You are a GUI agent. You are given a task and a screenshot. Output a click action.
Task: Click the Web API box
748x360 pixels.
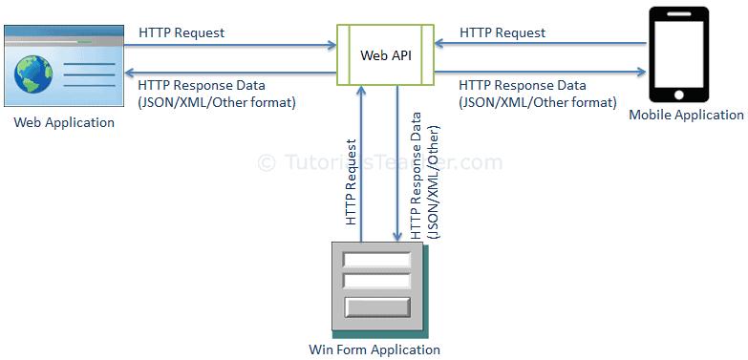tap(385, 54)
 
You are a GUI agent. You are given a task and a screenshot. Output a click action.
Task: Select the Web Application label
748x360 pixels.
tap(64, 122)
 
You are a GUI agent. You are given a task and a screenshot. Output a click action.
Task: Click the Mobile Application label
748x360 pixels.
tap(686, 115)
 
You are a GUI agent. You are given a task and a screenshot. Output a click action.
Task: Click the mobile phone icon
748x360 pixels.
tap(678, 53)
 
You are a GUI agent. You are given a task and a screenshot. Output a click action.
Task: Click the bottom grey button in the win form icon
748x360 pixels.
tap(376, 307)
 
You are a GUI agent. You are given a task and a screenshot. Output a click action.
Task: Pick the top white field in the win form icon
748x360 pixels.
tap(376, 259)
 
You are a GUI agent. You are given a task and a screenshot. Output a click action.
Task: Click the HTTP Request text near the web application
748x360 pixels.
tap(182, 32)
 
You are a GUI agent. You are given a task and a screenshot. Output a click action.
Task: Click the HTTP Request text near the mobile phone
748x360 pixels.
tap(502, 32)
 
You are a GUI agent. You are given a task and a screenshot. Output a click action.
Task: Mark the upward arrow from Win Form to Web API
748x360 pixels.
tap(361, 162)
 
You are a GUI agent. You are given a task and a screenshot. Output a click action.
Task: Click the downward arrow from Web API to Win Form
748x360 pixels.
tap(397, 162)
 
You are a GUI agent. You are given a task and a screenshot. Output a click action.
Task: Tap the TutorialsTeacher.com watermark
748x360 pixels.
tap(380, 163)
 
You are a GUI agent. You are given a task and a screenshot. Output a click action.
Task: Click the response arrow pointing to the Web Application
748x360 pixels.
tap(229, 70)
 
